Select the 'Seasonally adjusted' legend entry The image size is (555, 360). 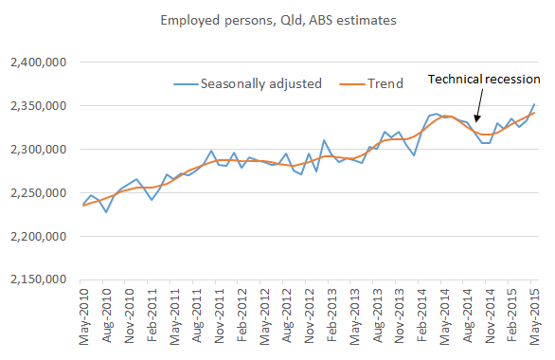tap(261, 83)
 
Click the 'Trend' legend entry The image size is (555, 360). tap(384, 83)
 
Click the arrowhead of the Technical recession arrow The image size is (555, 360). tap(478, 124)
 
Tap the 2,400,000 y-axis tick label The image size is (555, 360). tap(43, 63)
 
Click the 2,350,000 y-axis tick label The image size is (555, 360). tap(43, 106)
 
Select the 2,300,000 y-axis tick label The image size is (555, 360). tap(43, 150)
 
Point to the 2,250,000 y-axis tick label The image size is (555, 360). tap(43, 193)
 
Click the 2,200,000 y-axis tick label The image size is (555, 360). tap(43, 236)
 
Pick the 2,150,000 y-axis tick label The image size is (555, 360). tap(43, 279)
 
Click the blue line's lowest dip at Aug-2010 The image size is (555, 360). tap(106, 212)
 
